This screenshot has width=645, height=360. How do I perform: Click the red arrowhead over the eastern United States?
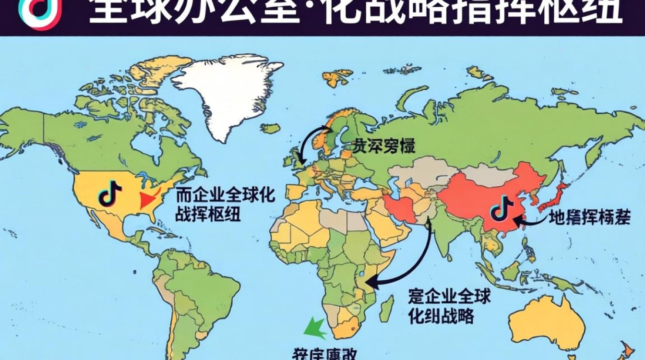(150, 200)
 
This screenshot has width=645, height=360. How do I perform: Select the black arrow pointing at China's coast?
(531, 221)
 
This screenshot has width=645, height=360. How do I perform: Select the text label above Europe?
(383, 146)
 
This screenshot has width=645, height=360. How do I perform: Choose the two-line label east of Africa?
(449, 306)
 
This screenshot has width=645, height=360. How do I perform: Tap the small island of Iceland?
(272, 128)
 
